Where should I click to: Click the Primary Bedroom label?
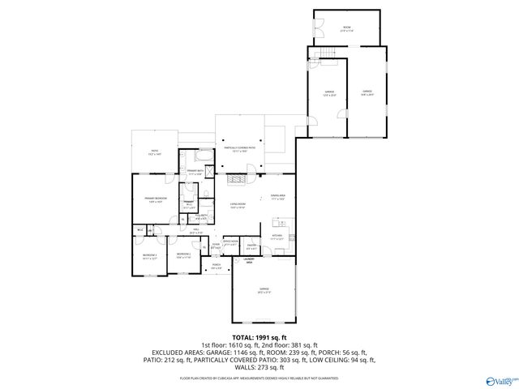156,199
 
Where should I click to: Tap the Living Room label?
238,206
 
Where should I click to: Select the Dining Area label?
277,198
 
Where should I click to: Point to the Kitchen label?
277,238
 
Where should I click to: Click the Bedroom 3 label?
149,256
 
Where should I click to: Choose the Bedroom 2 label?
183,256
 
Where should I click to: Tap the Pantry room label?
251,246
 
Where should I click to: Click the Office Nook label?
229,242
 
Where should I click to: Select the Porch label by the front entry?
217,267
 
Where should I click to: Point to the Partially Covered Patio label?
239,149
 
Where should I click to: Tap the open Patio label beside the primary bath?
154,152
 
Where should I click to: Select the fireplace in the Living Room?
235,177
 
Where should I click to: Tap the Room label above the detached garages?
346,29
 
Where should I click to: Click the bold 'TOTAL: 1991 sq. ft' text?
259,337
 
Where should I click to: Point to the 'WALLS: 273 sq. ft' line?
259,367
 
